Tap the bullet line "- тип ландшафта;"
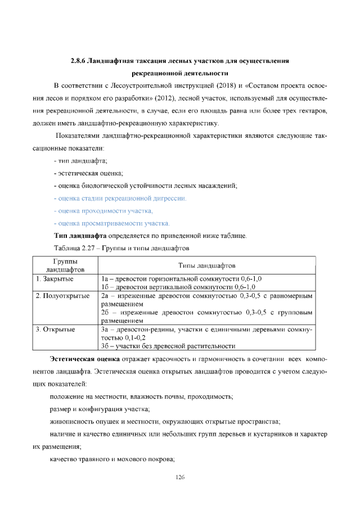click(x=77, y=161)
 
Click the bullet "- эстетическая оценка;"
click(x=88, y=173)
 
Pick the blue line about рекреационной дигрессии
click(x=120, y=198)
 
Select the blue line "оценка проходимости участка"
click(x=104, y=210)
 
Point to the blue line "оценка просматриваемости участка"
click(x=112, y=223)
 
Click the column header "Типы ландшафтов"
click(x=206, y=265)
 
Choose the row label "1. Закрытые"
click(x=55, y=278)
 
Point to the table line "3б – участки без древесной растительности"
click(x=168, y=345)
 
